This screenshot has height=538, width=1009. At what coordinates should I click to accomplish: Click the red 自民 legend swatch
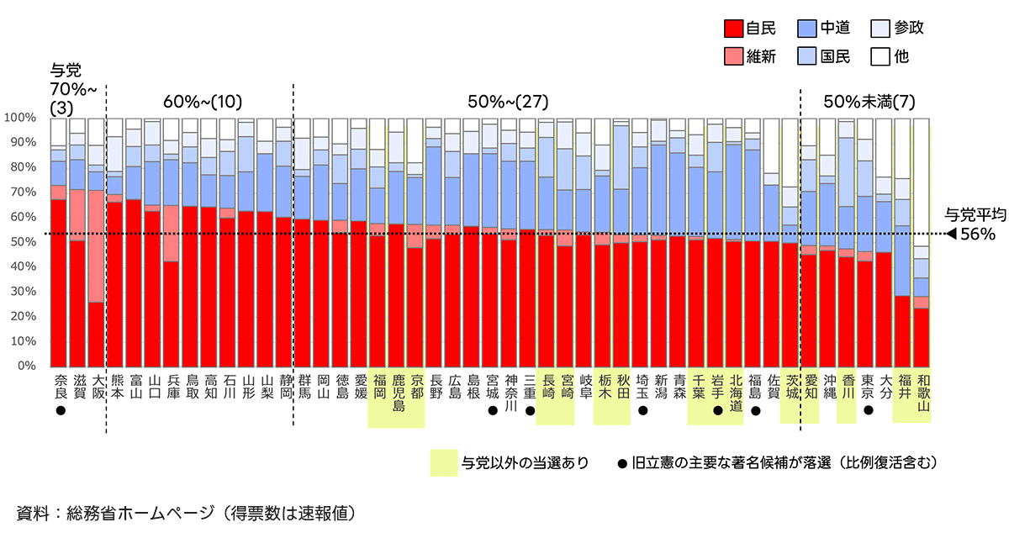732,28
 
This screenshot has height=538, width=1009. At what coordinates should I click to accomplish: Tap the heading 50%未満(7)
869,102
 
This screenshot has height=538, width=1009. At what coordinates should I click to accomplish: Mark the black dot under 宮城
491,411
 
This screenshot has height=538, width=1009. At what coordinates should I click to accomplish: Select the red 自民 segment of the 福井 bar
903,331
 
